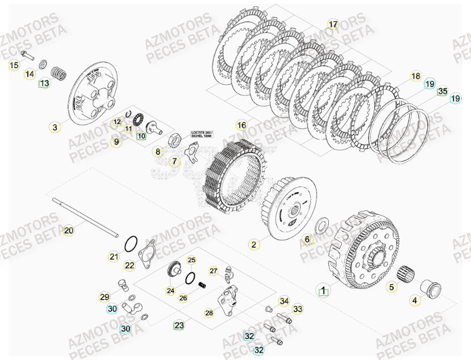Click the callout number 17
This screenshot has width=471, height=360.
pos(333,24)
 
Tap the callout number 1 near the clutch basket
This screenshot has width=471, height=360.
pos(323,291)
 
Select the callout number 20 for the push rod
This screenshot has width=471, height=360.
pos(68,231)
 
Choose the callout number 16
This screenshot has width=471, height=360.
pos(241,125)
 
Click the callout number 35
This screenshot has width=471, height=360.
pos(443,90)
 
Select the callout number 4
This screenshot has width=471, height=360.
pos(415,300)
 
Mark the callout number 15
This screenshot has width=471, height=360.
pos(14,66)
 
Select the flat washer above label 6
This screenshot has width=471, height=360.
pos(320,225)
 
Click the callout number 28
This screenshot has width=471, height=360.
pos(209,313)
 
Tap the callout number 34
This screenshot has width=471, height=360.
pos(284,301)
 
